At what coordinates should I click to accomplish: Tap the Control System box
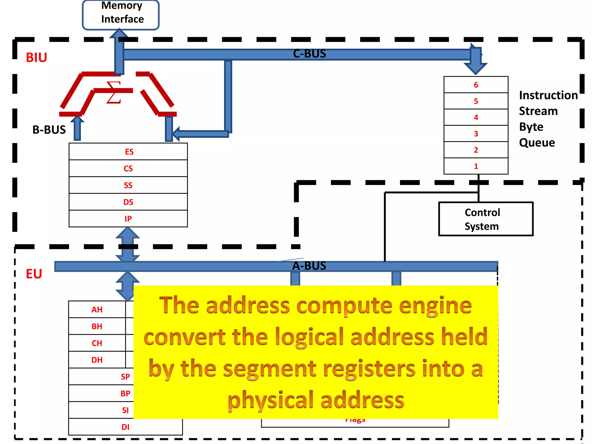pos(486,219)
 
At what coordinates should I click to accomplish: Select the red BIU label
pos(36,58)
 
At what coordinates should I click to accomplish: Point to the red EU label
pos(34,274)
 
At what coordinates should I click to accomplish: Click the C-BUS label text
pos(309,54)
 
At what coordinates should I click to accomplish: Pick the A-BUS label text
pos(309,266)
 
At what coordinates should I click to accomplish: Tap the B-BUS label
pos(49,130)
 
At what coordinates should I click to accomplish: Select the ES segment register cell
pos(128,152)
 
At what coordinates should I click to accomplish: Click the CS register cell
pos(128,169)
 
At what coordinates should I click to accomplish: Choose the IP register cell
pos(128,219)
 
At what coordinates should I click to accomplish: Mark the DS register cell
pos(128,202)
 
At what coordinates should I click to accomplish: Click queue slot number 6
pos(476,85)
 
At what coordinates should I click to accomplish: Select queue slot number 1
pos(476,166)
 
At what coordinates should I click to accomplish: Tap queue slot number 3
pos(476,134)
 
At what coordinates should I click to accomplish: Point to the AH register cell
pos(97,310)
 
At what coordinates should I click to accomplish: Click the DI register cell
pos(125,427)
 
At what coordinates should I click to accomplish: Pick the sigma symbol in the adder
pos(114,92)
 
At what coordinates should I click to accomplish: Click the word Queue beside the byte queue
pos(537,143)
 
